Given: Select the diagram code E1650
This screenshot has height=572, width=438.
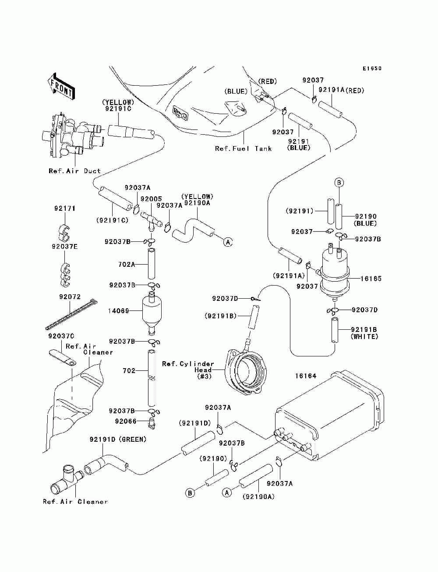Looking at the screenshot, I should pos(372,69).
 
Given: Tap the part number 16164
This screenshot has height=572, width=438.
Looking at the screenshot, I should pos(306,376).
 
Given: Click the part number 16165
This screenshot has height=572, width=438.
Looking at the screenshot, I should pos(371,278).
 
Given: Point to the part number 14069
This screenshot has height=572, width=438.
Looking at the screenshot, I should pos(118,311).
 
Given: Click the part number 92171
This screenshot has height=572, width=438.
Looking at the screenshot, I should pos(65,209).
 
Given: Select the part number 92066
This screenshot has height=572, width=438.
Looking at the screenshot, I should pos(126,421).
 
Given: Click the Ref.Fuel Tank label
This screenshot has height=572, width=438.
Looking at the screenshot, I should pos(243,149).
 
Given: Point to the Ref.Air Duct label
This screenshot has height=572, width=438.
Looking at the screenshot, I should pos(74,171).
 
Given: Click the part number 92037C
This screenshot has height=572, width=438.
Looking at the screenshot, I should pos(61,336).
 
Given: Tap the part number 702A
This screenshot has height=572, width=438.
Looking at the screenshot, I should pos(127,264).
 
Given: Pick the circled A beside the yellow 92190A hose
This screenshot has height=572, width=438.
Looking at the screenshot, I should pos(228,241).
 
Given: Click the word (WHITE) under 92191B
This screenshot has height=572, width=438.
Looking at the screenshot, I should pos(364,337).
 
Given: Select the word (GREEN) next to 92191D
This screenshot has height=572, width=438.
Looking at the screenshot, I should pos(132,439).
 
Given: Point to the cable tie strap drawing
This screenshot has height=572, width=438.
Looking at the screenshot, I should pos(71,314).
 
